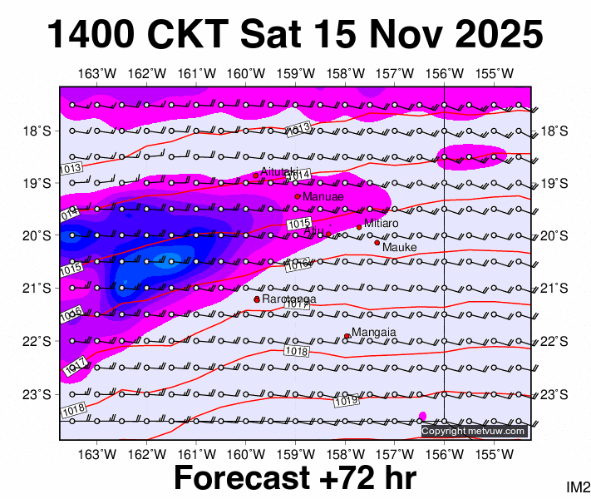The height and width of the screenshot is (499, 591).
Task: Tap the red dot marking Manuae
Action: [298, 196]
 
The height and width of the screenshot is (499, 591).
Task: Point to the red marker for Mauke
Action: [377, 243]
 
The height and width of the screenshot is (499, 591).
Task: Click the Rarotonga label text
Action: [289, 299]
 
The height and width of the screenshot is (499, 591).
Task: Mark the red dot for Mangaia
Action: [347, 336]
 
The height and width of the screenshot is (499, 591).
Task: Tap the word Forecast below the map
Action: [241, 479]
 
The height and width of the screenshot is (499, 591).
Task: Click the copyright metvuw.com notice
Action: [474, 431]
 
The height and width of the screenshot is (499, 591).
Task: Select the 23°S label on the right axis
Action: [554, 394]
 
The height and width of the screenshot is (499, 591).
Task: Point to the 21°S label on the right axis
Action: [554, 289]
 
